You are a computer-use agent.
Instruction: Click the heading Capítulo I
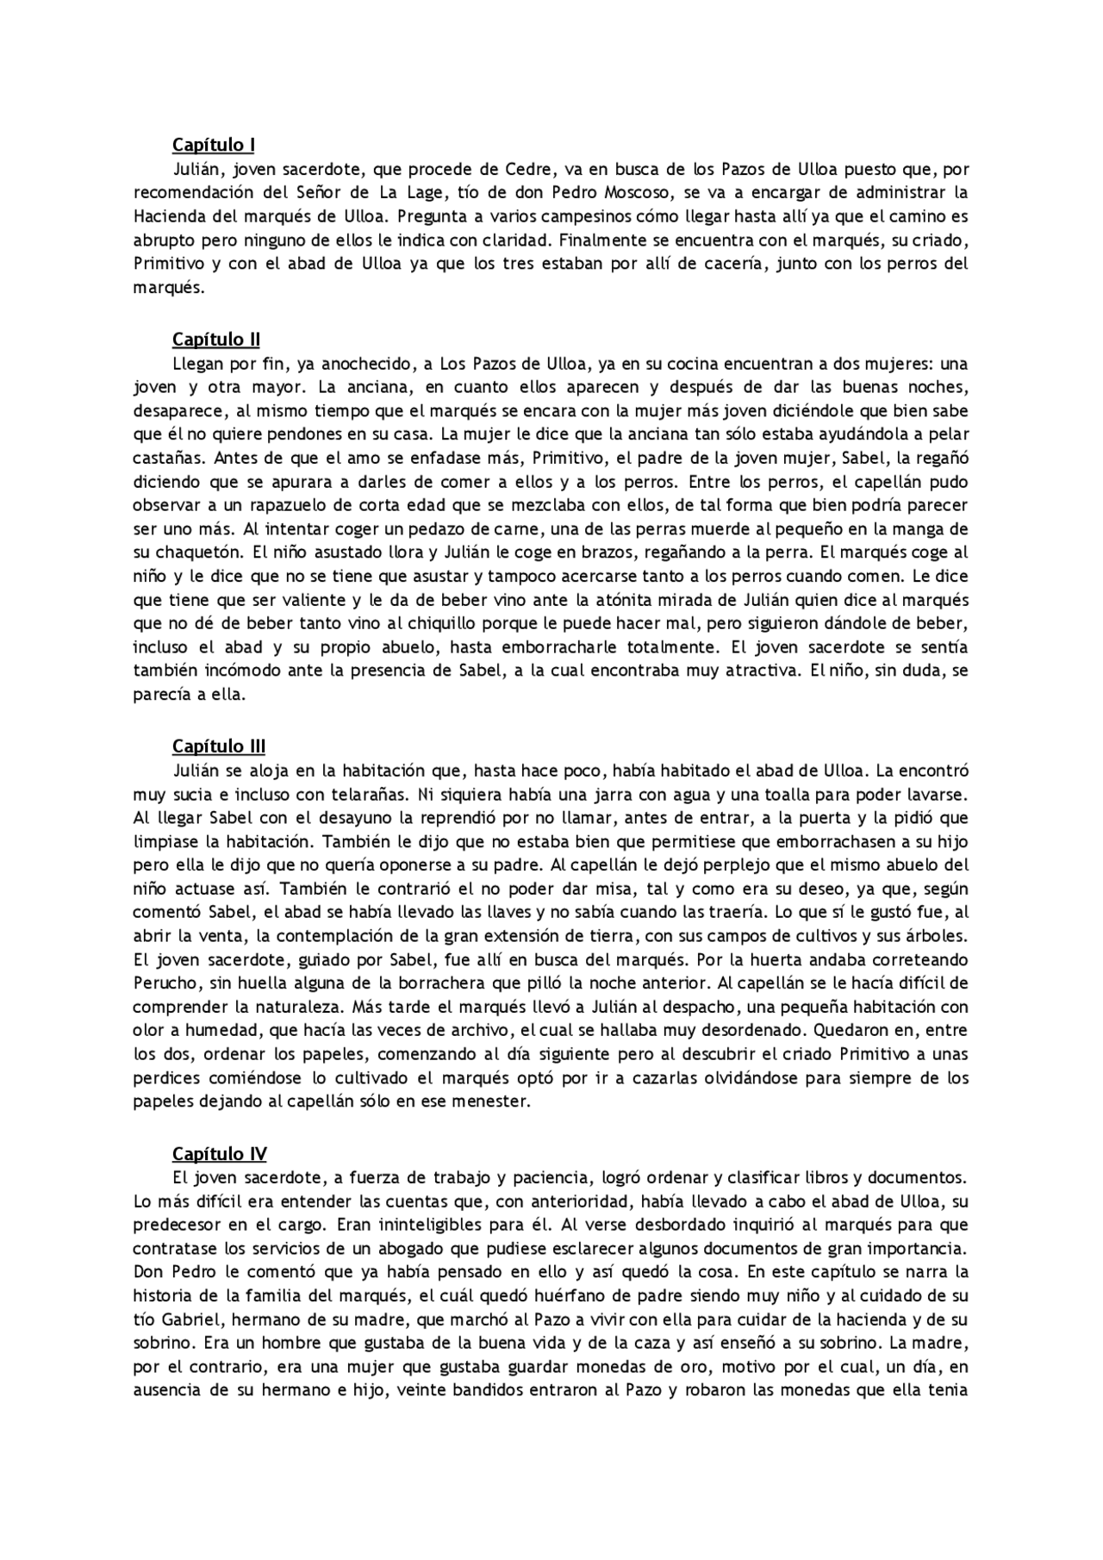point(213,145)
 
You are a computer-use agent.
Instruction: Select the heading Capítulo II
point(215,340)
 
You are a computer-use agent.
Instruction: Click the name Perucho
point(165,983)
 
